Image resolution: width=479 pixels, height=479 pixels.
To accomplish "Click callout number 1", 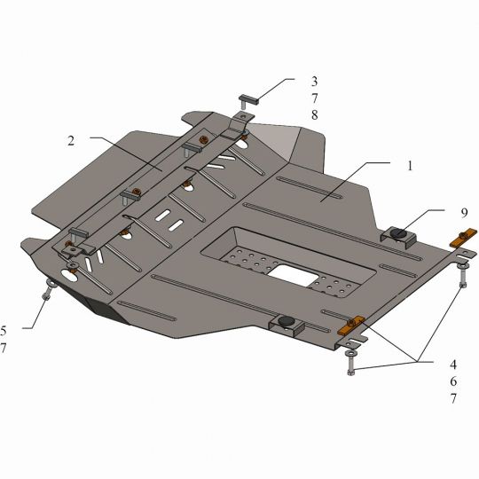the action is (410, 166).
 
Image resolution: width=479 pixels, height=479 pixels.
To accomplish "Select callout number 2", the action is (71, 141).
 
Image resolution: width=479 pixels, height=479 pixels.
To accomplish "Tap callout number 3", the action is (314, 82).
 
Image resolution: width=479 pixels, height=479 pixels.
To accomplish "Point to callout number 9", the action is (464, 213).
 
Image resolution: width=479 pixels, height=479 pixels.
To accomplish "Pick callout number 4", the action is (453, 365).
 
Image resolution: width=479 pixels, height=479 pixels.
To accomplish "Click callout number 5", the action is (4, 331).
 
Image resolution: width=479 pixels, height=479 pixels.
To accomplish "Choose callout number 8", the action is (315, 115).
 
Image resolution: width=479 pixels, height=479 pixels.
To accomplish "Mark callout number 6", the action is (453, 381).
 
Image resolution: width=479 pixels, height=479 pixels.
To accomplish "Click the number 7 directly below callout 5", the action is (3, 348).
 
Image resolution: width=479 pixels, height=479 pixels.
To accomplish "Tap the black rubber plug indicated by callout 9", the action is (398, 233).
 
